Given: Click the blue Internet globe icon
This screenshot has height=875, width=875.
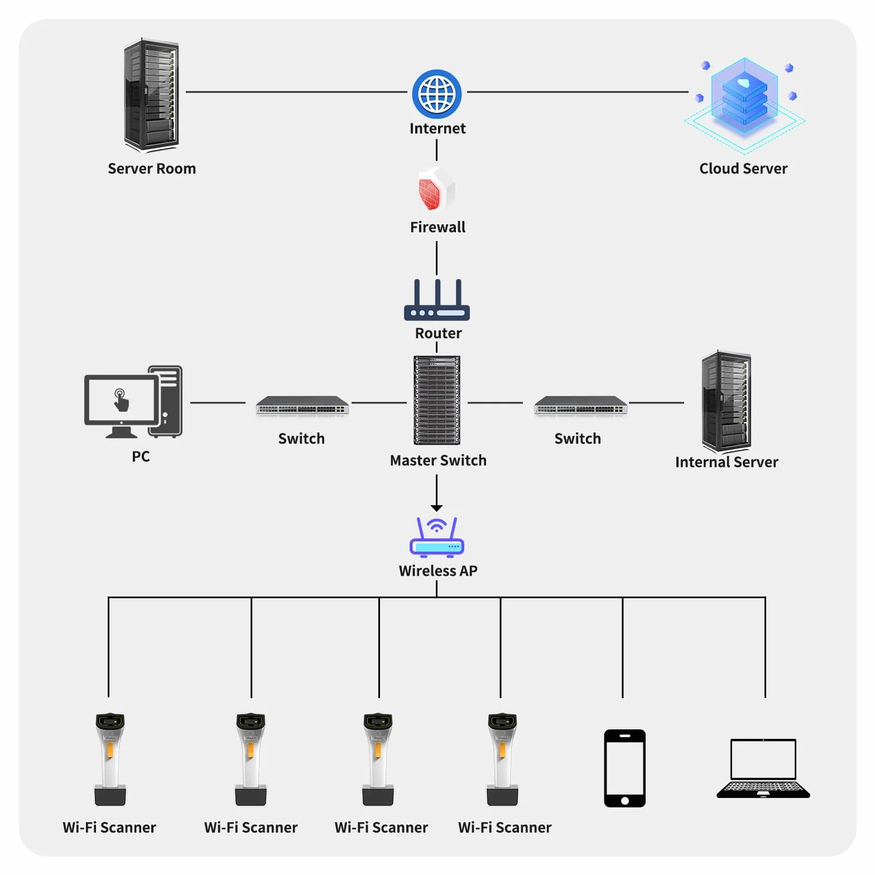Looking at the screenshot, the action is [437, 94].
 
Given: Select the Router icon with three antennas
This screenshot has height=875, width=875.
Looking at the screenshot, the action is [437, 300].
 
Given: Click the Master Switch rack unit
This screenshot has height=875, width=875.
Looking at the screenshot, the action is [437, 400].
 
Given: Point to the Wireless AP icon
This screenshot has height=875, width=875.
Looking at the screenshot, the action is [437, 537].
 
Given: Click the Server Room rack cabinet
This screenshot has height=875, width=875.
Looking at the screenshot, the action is [151, 95].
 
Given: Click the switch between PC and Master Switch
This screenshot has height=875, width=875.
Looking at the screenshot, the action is [302, 406].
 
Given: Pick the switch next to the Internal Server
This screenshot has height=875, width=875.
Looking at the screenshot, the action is [580, 406].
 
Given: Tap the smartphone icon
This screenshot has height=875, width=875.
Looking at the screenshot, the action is [624, 768].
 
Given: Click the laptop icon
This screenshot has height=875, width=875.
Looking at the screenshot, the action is [763, 768].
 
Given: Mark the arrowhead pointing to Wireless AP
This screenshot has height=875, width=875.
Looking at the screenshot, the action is [437, 508].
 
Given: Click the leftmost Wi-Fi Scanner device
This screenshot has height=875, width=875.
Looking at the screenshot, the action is [110, 759].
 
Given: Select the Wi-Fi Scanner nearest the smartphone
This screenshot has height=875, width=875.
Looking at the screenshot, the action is [502, 759].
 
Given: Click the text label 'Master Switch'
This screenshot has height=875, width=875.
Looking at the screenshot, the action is [438, 460].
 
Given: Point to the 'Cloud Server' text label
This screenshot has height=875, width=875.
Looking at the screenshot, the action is [743, 169].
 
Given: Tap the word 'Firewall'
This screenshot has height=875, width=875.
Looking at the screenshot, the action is [437, 227].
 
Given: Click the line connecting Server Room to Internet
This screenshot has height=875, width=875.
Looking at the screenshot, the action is [296, 92].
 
